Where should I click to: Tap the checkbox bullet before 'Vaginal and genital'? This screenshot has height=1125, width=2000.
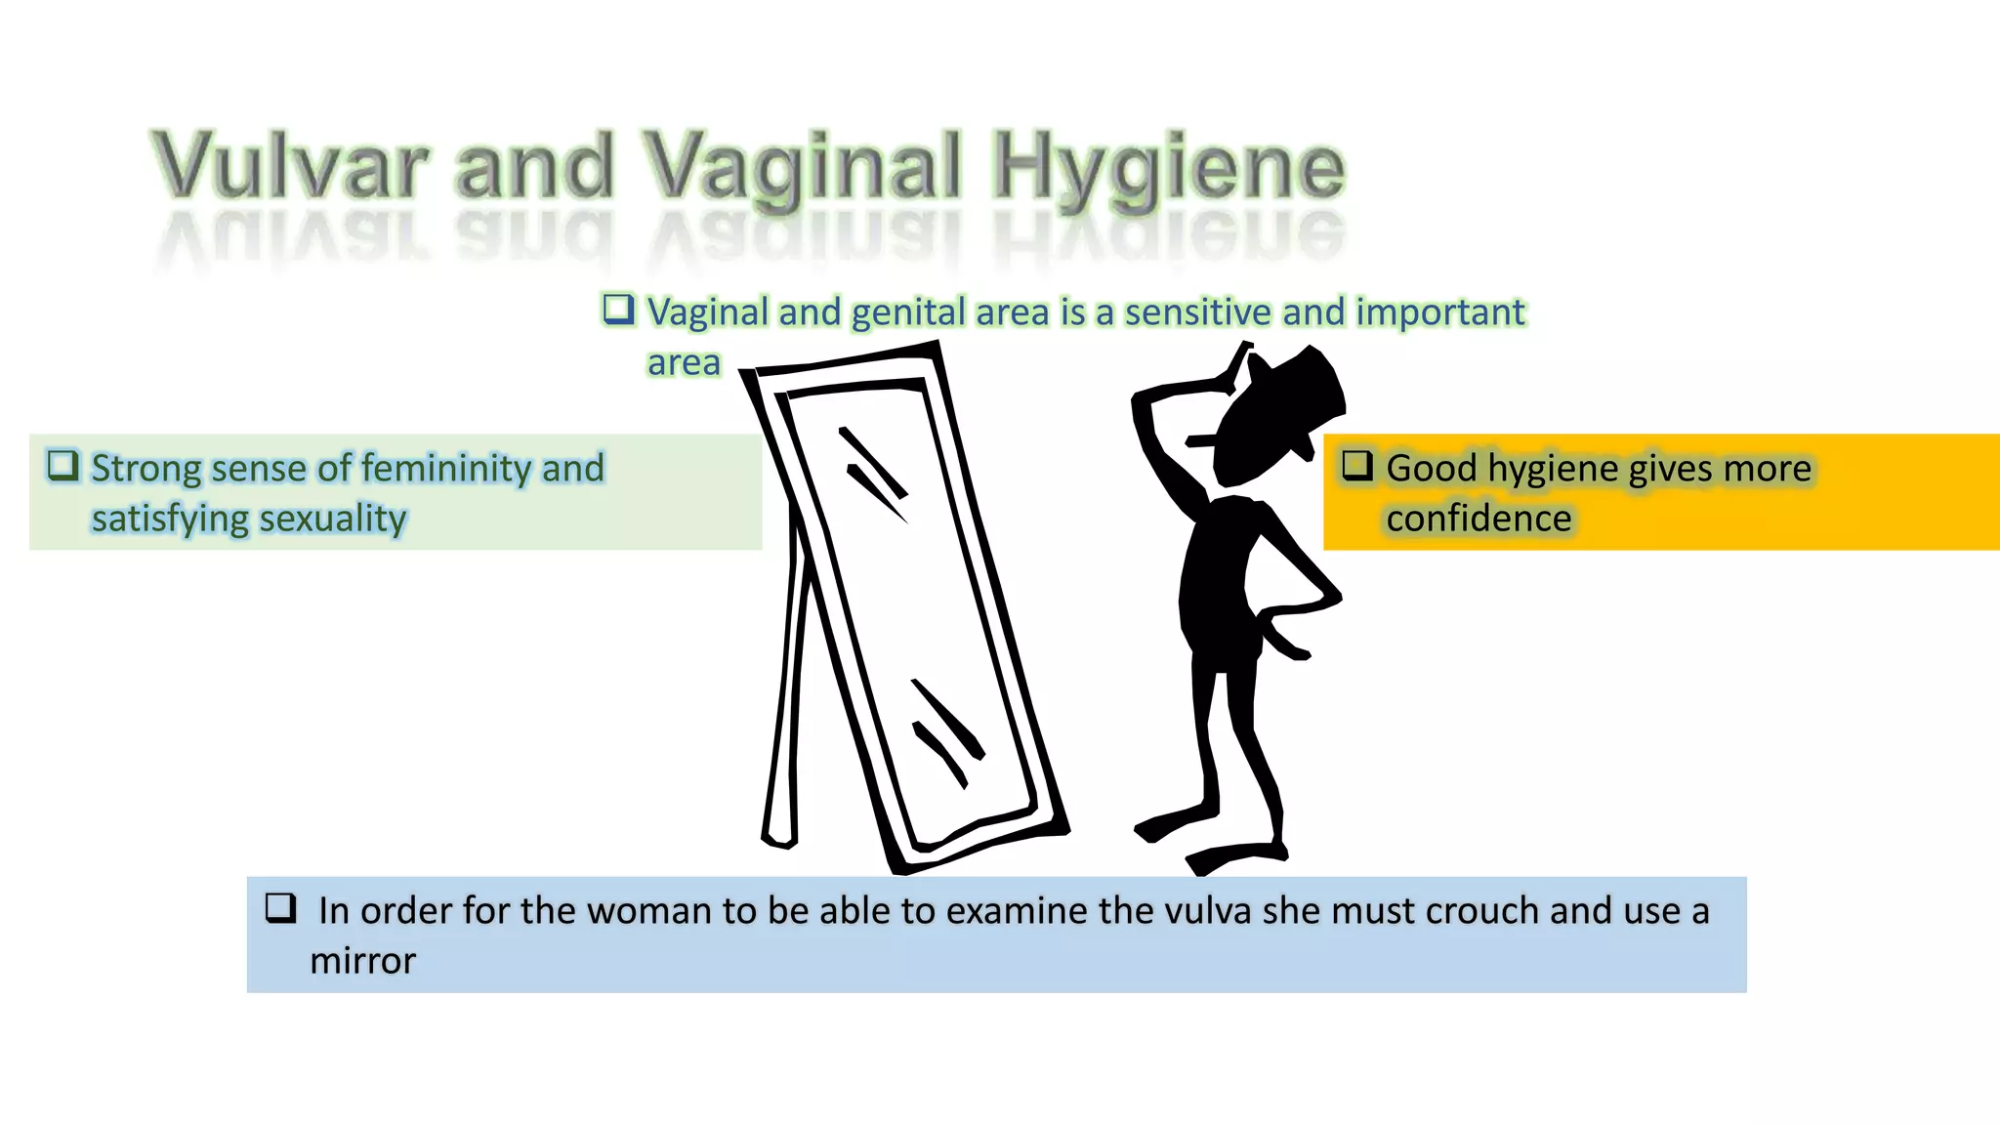coord(618,310)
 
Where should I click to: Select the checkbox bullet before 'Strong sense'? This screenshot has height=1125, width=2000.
coord(63,465)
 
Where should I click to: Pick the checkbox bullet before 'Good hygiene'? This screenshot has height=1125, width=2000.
coord(1357,465)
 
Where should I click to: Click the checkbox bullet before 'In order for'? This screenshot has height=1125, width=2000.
coord(281,908)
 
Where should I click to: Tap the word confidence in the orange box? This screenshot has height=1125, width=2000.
coord(1479,519)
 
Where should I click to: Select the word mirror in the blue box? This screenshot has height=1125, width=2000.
coord(362,961)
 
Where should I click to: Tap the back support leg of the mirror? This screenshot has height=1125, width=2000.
coord(787,684)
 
